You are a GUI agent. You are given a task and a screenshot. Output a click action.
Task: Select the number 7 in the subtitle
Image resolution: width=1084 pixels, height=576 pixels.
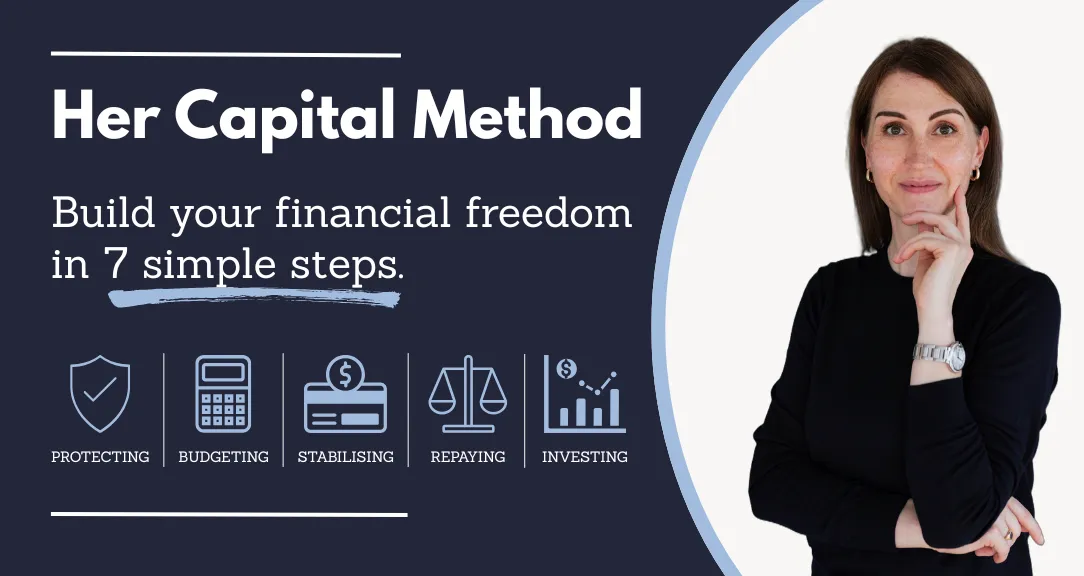pyautogui.click(x=115, y=263)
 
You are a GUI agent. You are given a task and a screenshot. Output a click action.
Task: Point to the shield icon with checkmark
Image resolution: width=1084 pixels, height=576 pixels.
pyautogui.click(x=100, y=393)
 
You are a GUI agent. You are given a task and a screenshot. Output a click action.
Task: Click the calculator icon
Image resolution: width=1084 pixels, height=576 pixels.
pyautogui.click(x=223, y=393)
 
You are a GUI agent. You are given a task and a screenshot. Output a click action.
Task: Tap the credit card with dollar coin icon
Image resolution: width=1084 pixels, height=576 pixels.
pyautogui.click(x=346, y=393)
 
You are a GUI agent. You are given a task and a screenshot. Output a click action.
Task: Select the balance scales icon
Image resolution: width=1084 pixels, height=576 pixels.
pyautogui.click(x=468, y=393)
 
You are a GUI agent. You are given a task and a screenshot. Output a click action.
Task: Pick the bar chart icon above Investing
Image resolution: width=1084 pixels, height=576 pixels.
pyautogui.click(x=585, y=393)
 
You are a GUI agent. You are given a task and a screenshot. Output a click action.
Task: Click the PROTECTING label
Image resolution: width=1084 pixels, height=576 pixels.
pyautogui.click(x=100, y=456)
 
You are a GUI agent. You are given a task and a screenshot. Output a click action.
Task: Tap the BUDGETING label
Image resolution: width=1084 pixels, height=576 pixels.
pyautogui.click(x=223, y=456)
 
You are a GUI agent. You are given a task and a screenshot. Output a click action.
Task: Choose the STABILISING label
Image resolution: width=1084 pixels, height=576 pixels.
pyautogui.click(x=346, y=456)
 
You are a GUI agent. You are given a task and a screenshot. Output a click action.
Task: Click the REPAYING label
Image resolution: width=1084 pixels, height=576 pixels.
pyautogui.click(x=468, y=456)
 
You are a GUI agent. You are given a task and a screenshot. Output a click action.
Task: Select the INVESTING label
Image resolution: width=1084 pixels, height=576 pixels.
pyautogui.click(x=585, y=456)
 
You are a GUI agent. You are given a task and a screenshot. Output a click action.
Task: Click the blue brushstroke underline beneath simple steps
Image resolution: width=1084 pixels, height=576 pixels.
pyautogui.click(x=254, y=298)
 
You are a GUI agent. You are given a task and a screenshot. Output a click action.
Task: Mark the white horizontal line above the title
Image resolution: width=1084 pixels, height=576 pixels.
pyautogui.click(x=226, y=55)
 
